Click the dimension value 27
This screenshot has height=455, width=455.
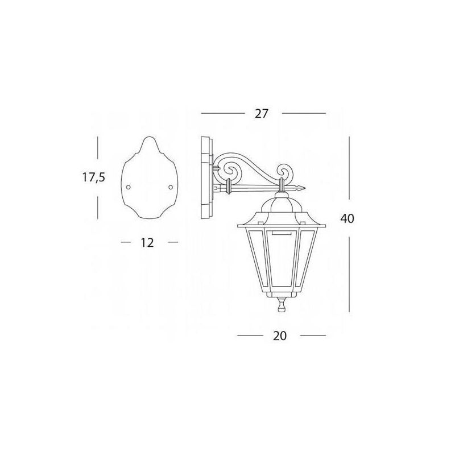262,113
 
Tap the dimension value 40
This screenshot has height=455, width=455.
348,218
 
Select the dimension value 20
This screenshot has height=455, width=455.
280,336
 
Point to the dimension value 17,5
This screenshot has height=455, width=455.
93,177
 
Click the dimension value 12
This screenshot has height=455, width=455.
147,243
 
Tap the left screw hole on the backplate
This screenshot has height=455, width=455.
129,187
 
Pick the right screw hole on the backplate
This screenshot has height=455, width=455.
171,187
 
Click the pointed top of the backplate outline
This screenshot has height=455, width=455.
150,136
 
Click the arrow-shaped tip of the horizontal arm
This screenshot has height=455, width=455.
302,188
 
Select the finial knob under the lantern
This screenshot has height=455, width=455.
281,305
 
